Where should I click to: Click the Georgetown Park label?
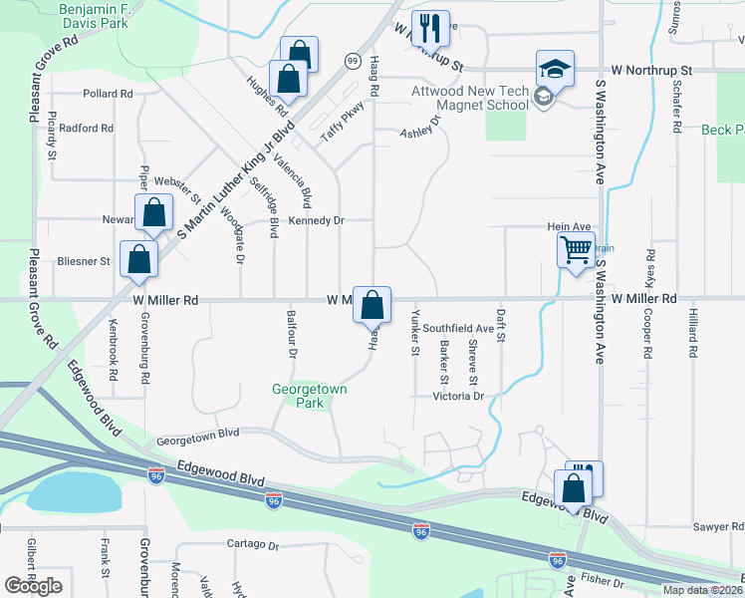[x=310, y=396]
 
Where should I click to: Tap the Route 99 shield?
[x=353, y=62]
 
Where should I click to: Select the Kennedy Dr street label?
[x=317, y=219]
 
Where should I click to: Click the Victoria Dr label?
[x=457, y=397]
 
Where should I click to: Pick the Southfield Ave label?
[x=458, y=328]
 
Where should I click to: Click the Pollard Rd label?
[x=109, y=94]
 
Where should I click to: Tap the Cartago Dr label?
[x=252, y=545]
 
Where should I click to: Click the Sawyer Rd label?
[x=718, y=525]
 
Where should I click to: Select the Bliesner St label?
[x=84, y=261]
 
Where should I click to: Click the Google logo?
[x=33, y=586]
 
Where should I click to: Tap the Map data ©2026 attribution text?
[x=702, y=590]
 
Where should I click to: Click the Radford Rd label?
[x=87, y=129]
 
